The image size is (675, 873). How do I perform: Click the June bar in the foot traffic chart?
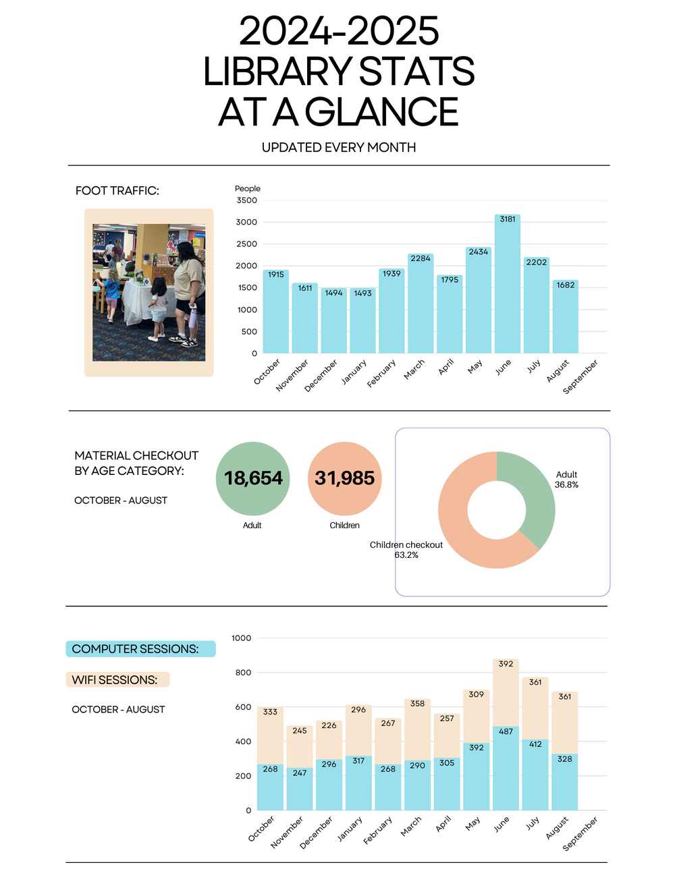pos(507,283)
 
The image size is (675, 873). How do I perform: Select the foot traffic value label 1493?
pos(362,293)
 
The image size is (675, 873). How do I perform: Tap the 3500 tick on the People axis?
pos(246,200)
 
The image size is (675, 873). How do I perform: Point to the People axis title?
pos(248,188)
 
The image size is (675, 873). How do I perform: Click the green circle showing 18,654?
pos(252,478)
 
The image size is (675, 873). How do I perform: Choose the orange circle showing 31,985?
pos(344,478)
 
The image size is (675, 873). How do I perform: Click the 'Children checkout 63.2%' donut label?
pos(406,550)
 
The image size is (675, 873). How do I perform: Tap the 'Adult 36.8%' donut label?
pos(566,479)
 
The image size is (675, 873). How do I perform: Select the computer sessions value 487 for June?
pos(506,731)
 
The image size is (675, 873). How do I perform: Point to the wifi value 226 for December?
pos(329,725)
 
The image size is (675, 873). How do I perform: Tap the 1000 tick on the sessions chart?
pos(241,638)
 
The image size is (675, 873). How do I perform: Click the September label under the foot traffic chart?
pos(580,377)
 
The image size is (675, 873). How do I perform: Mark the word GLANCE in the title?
pos(383,112)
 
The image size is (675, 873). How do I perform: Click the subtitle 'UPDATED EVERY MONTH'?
pos(339,148)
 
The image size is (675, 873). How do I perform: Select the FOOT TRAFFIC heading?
pos(117,190)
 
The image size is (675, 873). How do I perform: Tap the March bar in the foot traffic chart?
pos(421,304)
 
